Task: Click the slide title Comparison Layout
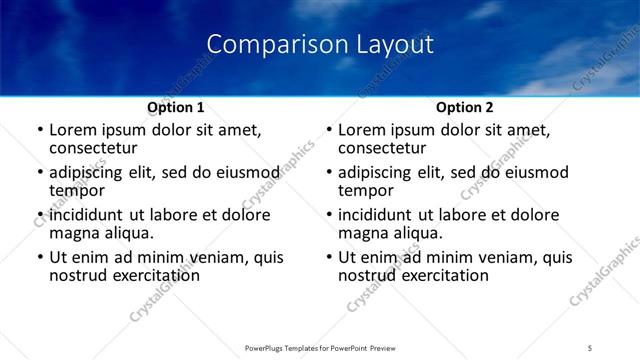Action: pyautogui.click(x=319, y=45)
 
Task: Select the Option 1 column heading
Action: pyautogui.click(x=175, y=107)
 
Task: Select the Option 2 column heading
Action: pyautogui.click(x=464, y=107)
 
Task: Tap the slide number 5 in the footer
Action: pyautogui.click(x=590, y=347)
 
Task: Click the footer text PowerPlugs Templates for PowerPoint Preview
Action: pyautogui.click(x=319, y=347)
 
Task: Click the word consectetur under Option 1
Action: pyautogui.click(x=94, y=148)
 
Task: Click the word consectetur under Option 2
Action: pyautogui.click(x=383, y=148)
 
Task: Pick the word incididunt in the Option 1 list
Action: pyautogui.click(x=87, y=215)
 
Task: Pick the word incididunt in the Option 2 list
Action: pyautogui.click(x=376, y=215)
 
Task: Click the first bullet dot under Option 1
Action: pyautogui.click(x=40, y=130)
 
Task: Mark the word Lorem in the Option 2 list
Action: pyautogui.click(x=361, y=130)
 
